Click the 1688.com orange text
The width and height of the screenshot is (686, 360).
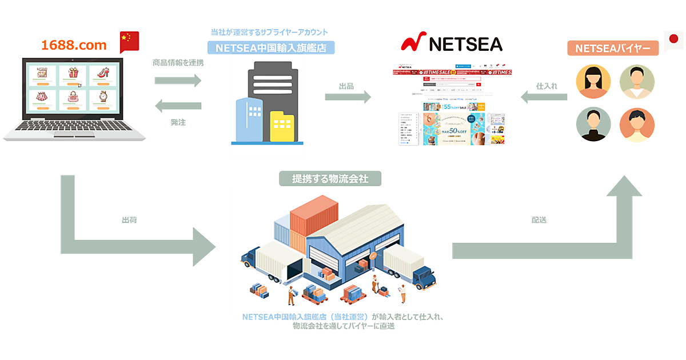[x=74, y=45]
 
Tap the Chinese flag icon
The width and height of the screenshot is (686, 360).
[x=129, y=42]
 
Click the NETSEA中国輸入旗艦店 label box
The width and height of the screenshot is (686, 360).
[x=271, y=48]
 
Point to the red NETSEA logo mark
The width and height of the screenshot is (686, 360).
[x=414, y=43]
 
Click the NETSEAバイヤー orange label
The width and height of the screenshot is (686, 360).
[x=612, y=49]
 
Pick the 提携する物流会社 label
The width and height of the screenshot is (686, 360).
[x=330, y=179]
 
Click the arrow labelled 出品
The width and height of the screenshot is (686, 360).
[x=348, y=97]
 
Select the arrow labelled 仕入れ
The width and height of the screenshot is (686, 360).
[x=543, y=97]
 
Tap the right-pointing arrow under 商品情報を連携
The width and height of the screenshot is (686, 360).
[x=178, y=80]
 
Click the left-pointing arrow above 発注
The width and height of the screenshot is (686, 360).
[x=178, y=106]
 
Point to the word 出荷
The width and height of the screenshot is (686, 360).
[x=129, y=219]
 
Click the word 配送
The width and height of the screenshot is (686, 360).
[x=539, y=219]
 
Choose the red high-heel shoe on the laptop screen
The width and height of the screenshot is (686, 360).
[x=103, y=73]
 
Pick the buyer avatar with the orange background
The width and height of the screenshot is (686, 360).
[x=637, y=125]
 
